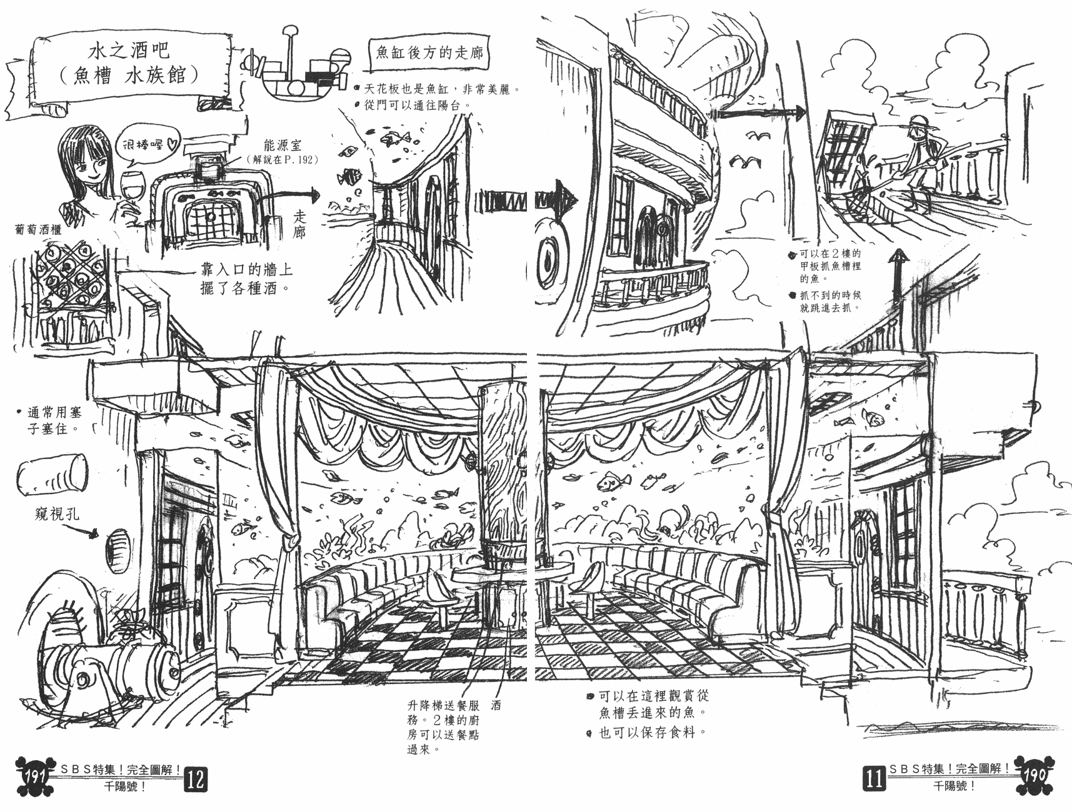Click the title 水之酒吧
129,50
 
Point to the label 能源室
283,145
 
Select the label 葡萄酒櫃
38,230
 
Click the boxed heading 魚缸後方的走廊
429,52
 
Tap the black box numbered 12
195,779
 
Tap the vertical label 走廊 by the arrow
299,224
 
